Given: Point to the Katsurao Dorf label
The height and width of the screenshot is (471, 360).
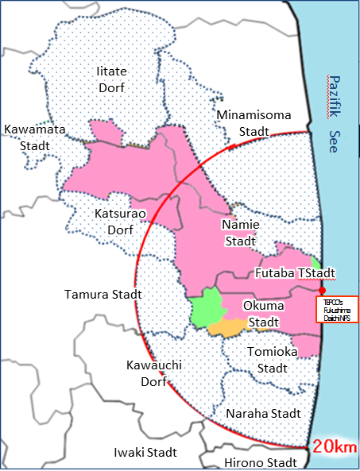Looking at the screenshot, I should point(116,222).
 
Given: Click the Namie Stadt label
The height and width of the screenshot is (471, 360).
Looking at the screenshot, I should point(238,233).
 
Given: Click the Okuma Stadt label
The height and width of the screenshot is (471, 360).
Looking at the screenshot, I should point(263,313).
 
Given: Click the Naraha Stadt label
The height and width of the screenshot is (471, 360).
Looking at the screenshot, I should point(263,414).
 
